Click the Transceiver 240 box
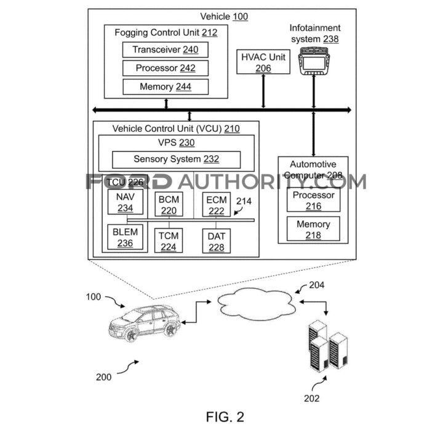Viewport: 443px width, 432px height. [x=164, y=50]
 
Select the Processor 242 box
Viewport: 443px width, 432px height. [x=164, y=68]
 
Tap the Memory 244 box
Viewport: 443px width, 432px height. [x=164, y=87]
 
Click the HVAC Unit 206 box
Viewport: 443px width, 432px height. [x=263, y=62]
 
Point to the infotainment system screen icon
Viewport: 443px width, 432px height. [x=314, y=61]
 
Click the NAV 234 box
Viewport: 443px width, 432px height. [x=125, y=202]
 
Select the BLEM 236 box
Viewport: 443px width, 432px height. [x=125, y=237]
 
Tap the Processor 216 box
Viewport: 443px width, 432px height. [x=313, y=200]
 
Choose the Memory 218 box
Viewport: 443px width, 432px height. [x=313, y=229]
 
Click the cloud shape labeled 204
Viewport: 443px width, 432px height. [x=253, y=303]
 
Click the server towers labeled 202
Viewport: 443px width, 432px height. [x=326, y=351]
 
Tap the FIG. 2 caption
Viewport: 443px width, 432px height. [x=225, y=417]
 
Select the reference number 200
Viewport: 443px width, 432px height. [x=104, y=377]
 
